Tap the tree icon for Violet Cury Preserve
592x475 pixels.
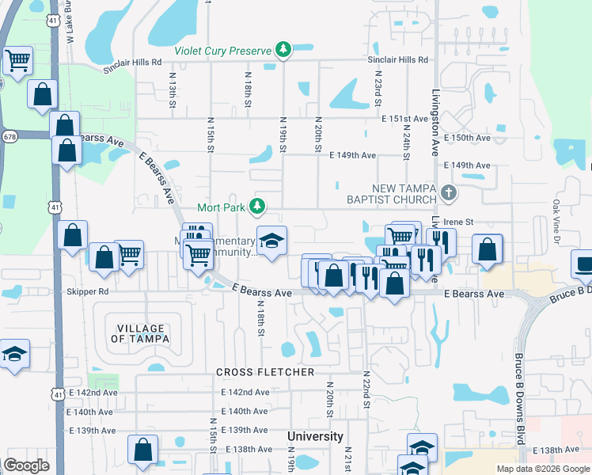pyautogui.click(x=283, y=51)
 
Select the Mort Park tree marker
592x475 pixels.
pyautogui.click(x=256, y=207)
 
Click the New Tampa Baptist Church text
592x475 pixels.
pyautogui.click(x=393, y=194)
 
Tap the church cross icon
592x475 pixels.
pyautogui.click(x=449, y=192)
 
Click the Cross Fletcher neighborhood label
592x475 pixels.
pyautogui.click(x=265, y=372)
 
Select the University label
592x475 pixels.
pyautogui.click(x=315, y=436)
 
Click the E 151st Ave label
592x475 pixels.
pyautogui.click(x=404, y=119)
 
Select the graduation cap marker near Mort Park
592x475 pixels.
pyautogui.click(x=271, y=241)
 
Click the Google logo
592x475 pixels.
pyautogui.click(x=26, y=465)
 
